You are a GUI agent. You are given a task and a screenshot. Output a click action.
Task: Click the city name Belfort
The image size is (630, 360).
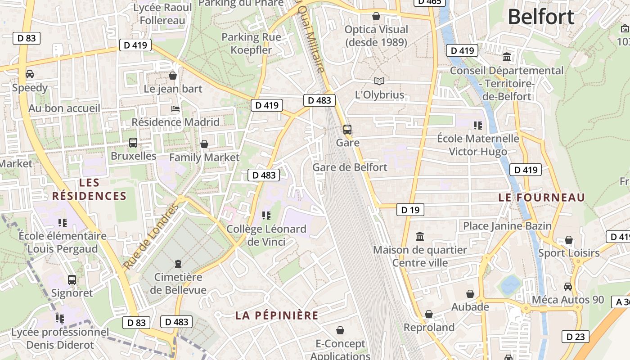click(541, 17)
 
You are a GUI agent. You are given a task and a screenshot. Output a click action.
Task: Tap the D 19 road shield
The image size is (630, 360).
click(410, 210)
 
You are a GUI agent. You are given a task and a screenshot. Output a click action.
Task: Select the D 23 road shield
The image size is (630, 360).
click(575, 336)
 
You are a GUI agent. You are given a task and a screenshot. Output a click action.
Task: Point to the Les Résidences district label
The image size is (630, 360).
click(89, 189)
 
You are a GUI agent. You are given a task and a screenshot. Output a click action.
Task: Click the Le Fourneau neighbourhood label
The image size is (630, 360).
click(542, 198)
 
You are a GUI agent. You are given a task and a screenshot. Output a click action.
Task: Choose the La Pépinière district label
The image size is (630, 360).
click(277, 315)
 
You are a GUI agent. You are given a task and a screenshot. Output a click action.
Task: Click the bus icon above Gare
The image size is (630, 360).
click(347, 130)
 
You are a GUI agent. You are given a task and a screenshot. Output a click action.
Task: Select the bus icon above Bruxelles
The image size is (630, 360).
click(133, 143)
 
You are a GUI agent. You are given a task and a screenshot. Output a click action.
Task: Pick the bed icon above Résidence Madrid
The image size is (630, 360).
click(175, 109)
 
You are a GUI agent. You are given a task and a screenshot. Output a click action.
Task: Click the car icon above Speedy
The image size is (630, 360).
click(30, 74)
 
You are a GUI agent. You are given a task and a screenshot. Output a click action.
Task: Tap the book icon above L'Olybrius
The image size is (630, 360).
click(380, 81)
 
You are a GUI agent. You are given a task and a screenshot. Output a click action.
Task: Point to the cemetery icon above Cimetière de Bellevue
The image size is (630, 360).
click(178, 263)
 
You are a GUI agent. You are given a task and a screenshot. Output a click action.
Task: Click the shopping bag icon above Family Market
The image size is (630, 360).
click(204, 144)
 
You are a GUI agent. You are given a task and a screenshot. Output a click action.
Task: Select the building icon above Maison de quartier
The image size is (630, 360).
click(420, 236)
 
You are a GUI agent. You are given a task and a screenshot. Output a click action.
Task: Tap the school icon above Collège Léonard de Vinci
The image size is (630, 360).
click(266, 216)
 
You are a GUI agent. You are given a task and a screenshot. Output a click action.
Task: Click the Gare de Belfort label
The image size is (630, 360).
click(350, 167)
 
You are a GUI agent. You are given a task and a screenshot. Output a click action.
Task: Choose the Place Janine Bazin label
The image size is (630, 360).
click(507, 226)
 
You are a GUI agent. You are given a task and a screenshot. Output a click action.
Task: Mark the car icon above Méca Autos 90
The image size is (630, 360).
click(568, 286)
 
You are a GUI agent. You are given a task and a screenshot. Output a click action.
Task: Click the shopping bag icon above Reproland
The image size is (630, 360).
click(429, 314)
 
